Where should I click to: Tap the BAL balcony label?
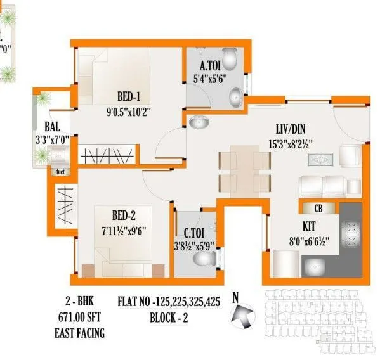[x=53, y=126]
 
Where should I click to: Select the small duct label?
[x=60, y=171]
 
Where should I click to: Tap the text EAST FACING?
[x=80, y=332]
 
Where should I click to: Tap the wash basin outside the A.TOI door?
[x=199, y=122]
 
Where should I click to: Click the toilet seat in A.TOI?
[x=232, y=58]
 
